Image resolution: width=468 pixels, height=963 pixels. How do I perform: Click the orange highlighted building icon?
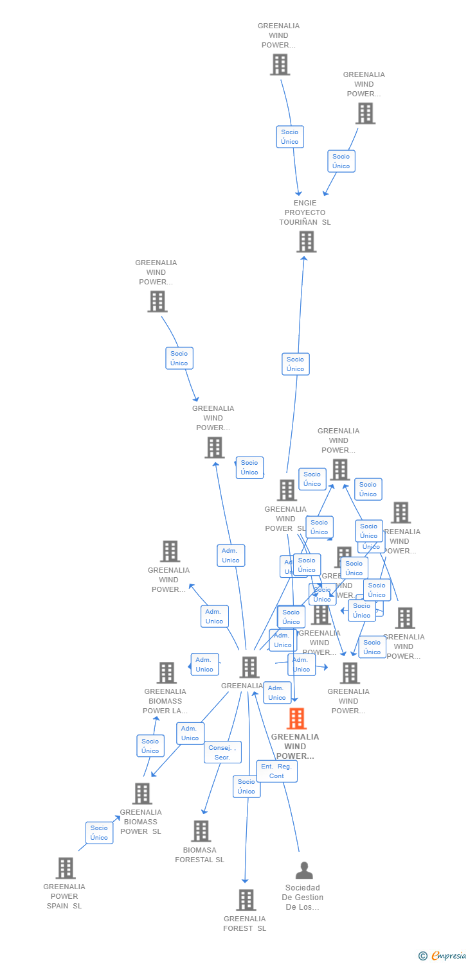click(x=296, y=718)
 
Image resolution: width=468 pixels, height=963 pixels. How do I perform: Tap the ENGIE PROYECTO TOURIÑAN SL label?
click(x=305, y=213)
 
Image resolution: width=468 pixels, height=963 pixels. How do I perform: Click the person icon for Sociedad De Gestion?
click(x=304, y=870)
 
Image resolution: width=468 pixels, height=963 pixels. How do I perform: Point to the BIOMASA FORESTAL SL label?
click(x=199, y=855)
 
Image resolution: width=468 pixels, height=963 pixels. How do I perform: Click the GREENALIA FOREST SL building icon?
click(x=246, y=900)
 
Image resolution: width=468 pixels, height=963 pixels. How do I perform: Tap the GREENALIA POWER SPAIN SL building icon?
click(x=65, y=868)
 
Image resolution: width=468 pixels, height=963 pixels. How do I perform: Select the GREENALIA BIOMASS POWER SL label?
click(x=140, y=822)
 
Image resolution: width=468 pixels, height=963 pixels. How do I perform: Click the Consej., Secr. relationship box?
click(x=222, y=752)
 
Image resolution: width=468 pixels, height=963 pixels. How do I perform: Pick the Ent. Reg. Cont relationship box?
click(x=276, y=771)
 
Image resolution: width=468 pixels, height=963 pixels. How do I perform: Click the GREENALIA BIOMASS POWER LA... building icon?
click(x=166, y=672)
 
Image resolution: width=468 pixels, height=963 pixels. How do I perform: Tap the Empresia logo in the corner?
click(x=444, y=955)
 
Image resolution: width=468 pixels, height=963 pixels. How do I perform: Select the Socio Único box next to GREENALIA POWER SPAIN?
click(x=99, y=833)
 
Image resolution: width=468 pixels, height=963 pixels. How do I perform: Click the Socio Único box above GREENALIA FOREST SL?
click(x=246, y=786)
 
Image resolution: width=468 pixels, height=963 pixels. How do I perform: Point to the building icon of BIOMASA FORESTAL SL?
click(x=201, y=831)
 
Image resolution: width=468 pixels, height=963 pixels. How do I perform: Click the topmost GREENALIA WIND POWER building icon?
click(x=280, y=64)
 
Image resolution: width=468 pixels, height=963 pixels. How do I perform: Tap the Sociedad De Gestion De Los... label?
click(x=304, y=897)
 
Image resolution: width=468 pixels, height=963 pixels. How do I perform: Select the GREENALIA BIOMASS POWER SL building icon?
click(x=141, y=794)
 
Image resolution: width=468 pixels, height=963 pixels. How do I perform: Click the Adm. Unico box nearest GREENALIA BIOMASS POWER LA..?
click(x=204, y=664)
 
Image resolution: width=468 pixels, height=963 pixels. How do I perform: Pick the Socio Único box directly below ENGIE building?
click(x=295, y=364)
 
